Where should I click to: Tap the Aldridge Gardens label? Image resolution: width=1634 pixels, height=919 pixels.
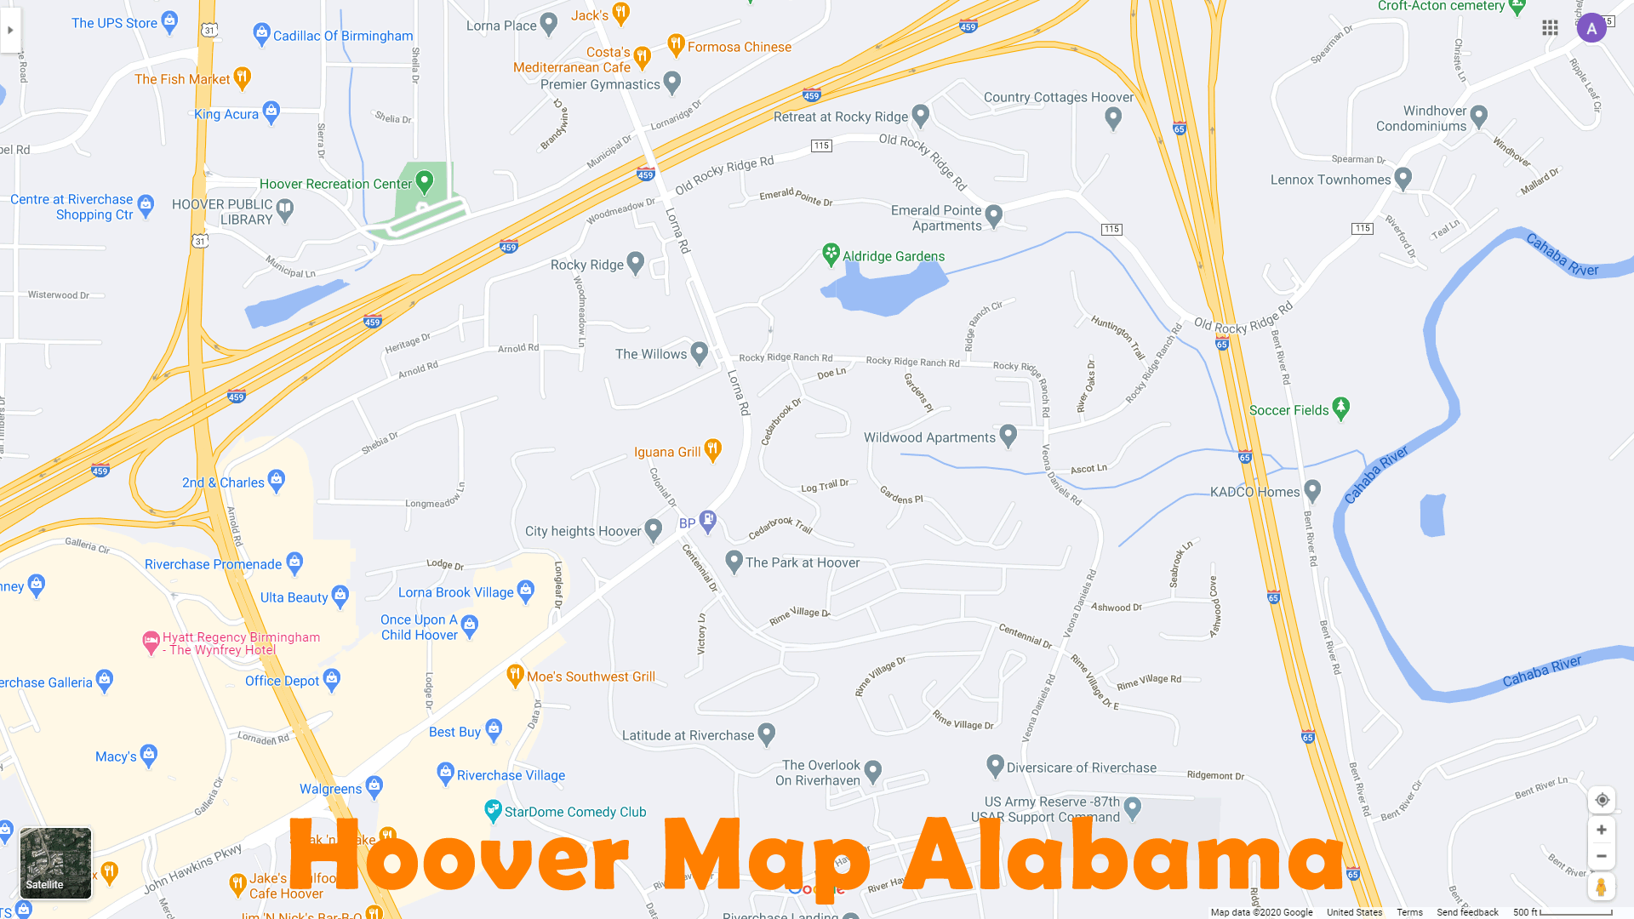coord(893,256)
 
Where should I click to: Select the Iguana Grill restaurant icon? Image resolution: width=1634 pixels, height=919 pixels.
coord(713,450)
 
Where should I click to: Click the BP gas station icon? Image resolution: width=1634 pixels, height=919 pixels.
coord(707,521)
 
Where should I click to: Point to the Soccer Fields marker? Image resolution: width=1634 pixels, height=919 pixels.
coord(1341,408)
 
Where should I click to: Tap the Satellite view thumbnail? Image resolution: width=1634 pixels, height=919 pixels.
coord(55,863)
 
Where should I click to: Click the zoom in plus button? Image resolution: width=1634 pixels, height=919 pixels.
coord(1601,830)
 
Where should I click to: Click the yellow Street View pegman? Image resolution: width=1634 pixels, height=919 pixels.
coord(1601,887)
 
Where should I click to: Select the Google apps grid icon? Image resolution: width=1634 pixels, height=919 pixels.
coord(1550,28)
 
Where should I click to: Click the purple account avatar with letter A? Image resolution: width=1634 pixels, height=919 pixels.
coord(1591,28)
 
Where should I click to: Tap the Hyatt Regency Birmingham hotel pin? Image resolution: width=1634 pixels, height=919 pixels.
coord(151,642)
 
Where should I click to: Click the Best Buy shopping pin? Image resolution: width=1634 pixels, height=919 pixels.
coord(494,730)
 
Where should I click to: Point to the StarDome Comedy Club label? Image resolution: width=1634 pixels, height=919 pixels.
coord(574,812)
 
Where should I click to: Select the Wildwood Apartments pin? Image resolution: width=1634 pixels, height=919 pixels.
coord(1008,436)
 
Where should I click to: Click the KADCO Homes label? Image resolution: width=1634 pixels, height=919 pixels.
coord(1254,492)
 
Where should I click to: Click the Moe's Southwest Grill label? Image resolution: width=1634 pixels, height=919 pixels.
coord(591,676)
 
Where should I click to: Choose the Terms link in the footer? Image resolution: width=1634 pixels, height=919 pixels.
coord(1409,912)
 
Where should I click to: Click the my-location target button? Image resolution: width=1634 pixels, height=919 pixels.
coord(1602,800)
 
